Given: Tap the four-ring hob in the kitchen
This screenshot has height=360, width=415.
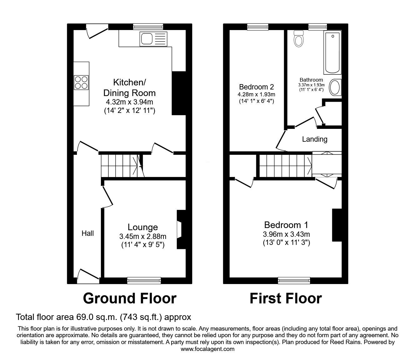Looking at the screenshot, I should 81,82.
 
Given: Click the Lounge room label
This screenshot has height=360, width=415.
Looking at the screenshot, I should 142,227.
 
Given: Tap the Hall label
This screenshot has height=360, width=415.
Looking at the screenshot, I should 87,233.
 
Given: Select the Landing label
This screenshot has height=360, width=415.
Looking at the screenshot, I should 314,139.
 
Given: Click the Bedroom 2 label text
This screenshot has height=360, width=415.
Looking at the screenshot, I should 256,87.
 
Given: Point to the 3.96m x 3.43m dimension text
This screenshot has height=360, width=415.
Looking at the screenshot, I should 286,234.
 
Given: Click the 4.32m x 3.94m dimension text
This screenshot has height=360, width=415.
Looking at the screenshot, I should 129,102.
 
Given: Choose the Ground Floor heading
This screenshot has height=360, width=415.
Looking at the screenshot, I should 129,298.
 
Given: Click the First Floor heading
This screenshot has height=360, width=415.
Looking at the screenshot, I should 285,298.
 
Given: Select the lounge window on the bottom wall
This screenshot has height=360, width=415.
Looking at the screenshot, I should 144,281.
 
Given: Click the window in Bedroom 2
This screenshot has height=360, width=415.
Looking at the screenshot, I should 258,27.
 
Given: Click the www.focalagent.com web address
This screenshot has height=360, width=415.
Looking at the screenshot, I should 207,349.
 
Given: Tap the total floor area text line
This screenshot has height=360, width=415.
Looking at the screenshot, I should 103,317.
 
